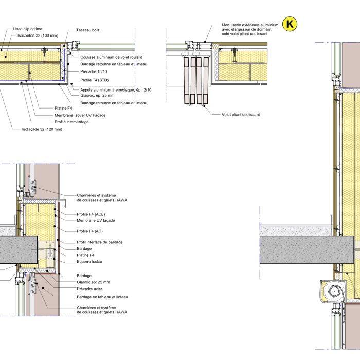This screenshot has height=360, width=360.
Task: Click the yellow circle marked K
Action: click(x=291, y=24)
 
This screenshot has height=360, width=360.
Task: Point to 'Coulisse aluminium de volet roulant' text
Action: click(x=111, y=57)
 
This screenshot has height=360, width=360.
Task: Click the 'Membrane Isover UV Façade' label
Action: click(x=80, y=115)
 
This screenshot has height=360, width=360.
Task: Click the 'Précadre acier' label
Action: click(x=90, y=289)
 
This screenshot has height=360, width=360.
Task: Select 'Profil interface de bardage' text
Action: click(x=99, y=242)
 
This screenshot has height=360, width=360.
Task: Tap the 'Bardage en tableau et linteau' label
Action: click(x=102, y=297)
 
